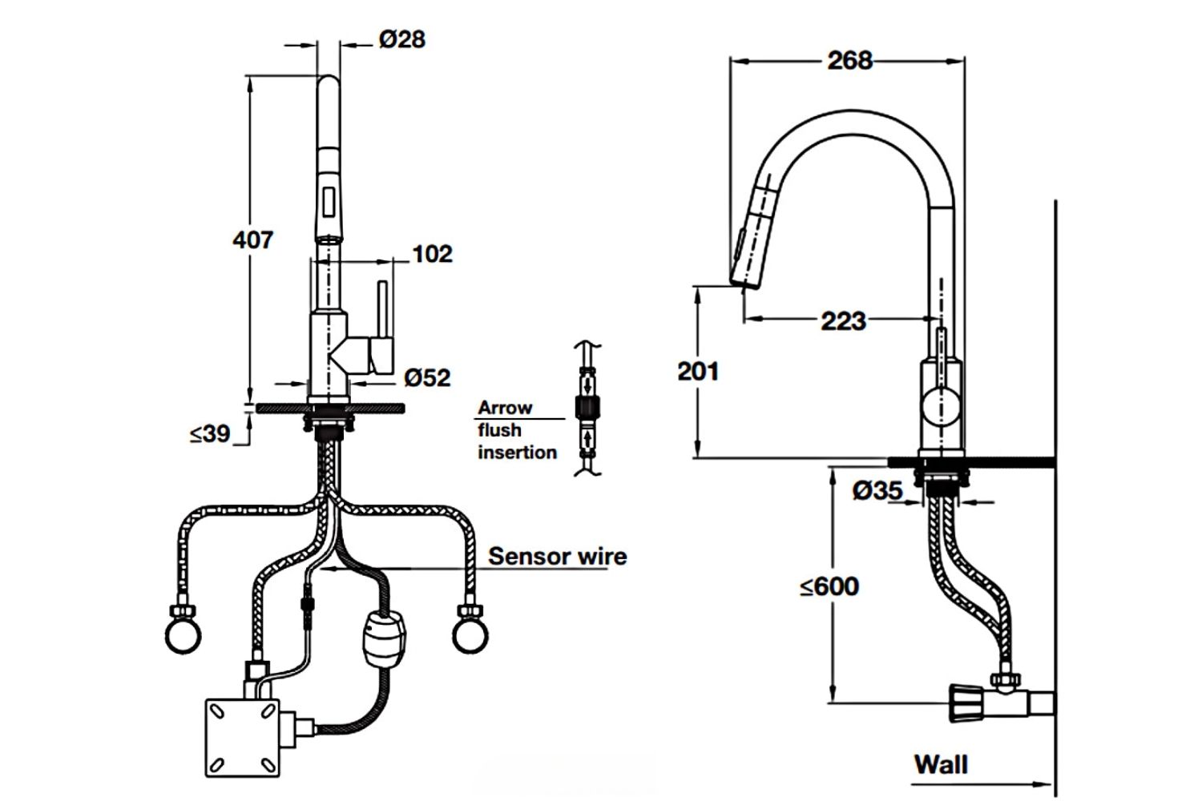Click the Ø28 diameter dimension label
[x=402, y=38]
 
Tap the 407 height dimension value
[x=252, y=239]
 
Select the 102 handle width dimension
[x=432, y=254]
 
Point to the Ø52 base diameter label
[x=427, y=376]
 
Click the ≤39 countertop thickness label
[x=210, y=434]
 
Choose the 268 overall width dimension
[x=849, y=60]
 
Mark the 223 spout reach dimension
[x=843, y=321]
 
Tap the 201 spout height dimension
[x=698, y=371]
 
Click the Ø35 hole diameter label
[x=877, y=490]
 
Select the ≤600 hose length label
[x=829, y=586]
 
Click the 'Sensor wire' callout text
[x=558, y=556]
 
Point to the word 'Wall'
[x=941, y=764]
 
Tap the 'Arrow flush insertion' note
[x=517, y=430]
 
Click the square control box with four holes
[x=243, y=738]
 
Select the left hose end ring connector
[x=183, y=634]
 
